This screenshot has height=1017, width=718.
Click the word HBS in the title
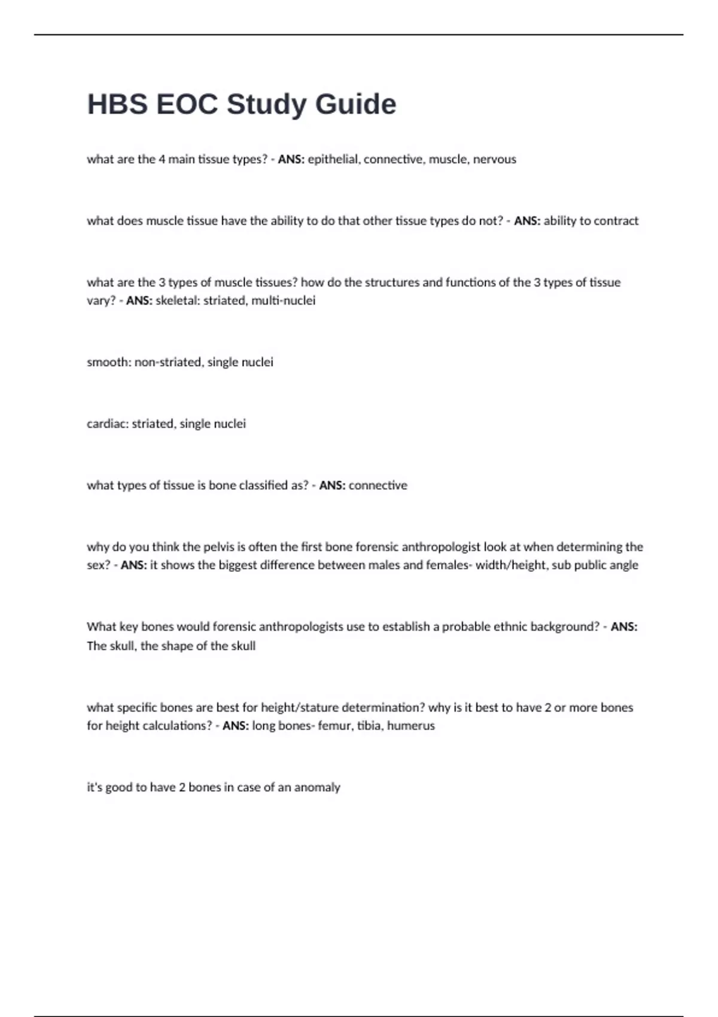[117, 104]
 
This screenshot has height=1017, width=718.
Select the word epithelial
[333, 159]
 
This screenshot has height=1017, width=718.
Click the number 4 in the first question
[162, 159]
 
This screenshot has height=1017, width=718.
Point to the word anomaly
[317, 787]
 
